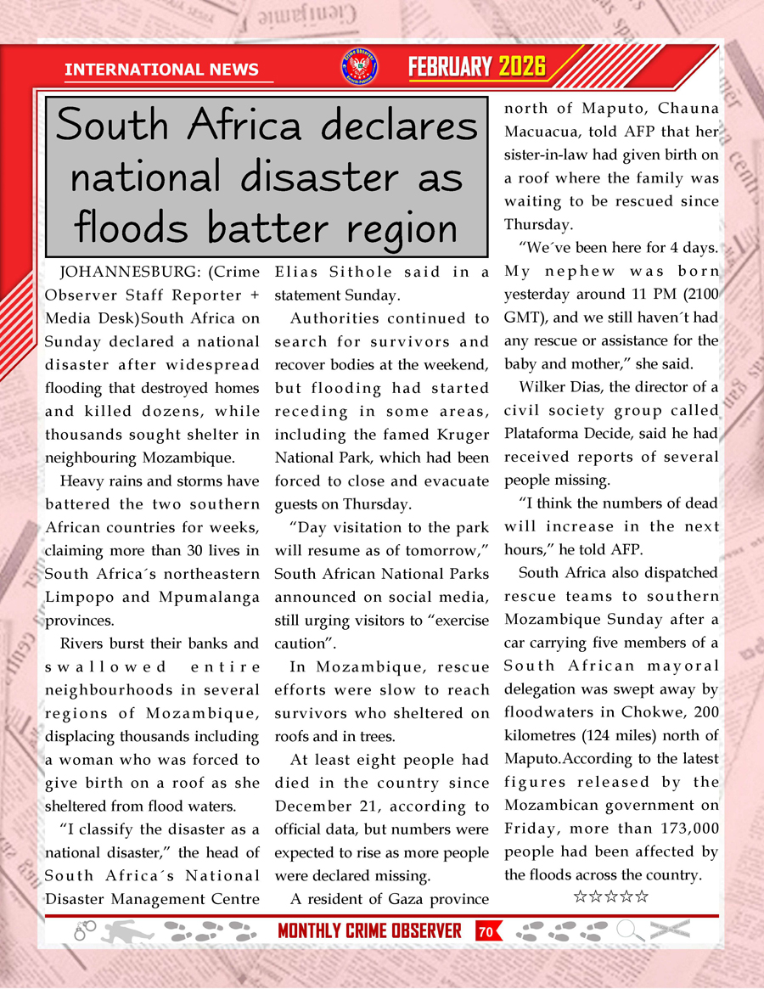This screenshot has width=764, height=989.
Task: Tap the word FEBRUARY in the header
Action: pyautogui.click(x=451, y=67)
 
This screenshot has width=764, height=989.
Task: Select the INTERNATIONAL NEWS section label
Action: pyautogui.click(x=161, y=70)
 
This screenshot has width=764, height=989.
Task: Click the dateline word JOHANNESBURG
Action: pyautogui.click(x=115, y=273)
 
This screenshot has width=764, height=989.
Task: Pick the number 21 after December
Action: pyautogui.click(x=391, y=806)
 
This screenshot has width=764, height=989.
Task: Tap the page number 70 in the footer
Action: pyautogui.click(x=486, y=932)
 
